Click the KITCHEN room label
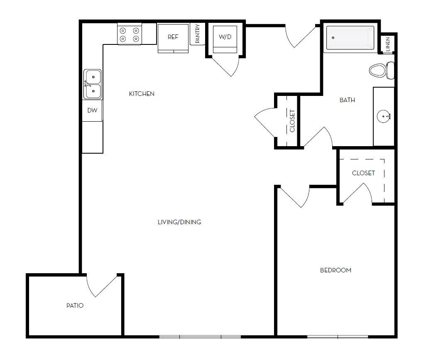point(142,94)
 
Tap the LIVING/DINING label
point(179,222)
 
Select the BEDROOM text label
point(335,270)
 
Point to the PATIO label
point(75,306)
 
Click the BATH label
point(347,100)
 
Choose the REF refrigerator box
point(173,37)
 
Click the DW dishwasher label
point(92,110)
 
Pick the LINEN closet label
point(387,44)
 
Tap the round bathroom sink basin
point(383,116)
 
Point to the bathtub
point(350,38)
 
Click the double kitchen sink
point(92,84)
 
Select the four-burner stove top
point(129,35)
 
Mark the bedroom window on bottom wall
point(337,336)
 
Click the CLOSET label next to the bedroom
point(363,173)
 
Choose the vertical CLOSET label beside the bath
point(292,121)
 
